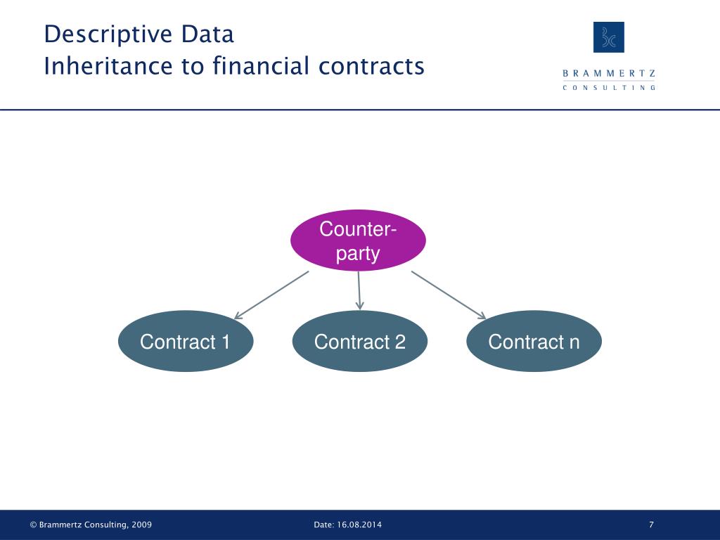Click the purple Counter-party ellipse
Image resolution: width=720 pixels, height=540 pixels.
point(358,240)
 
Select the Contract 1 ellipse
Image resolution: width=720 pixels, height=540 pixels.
point(185,342)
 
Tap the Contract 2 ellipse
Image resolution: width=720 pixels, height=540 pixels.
point(359,342)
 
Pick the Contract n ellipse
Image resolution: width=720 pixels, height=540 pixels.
point(534,342)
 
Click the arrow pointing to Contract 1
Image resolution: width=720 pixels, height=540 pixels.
point(271,295)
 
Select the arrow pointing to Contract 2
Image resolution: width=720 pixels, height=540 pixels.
point(359,290)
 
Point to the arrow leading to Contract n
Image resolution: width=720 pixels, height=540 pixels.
point(449,295)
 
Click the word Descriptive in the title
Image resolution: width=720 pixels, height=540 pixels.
point(98,34)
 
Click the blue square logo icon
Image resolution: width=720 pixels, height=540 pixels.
point(609,37)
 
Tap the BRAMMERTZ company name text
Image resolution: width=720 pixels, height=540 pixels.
point(609,73)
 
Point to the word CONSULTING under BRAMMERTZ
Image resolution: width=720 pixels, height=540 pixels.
point(609,87)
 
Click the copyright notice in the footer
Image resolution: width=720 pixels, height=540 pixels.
point(91,525)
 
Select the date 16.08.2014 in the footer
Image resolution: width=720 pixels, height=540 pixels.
point(361,525)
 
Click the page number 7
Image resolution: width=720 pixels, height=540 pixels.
point(652,525)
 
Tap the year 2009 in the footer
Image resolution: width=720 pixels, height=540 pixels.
point(141,525)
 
